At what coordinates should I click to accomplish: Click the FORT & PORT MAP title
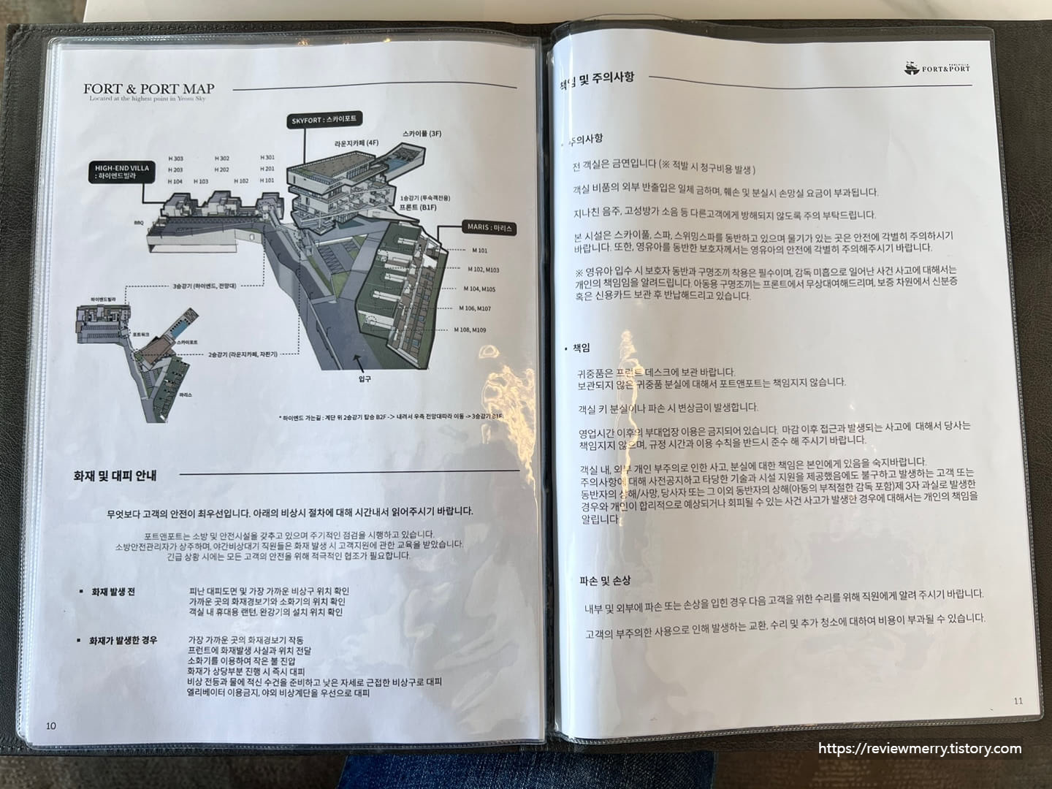coord(148,89)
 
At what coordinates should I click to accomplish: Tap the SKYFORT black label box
coord(324,119)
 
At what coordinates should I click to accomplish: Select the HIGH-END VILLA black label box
coord(121,172)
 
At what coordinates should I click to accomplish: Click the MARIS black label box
coord(489,228)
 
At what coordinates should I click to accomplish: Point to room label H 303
coord(175,159)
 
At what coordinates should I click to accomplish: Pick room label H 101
coord(267,180)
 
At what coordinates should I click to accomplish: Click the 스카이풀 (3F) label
coord(422,134)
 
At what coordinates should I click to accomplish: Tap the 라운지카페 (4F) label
coord(357,144)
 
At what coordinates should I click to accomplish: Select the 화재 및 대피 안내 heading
coord(115,476)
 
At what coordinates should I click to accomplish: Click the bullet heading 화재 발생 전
coord(113,592)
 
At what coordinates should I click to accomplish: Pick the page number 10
coord(50,725)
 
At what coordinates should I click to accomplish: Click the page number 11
coord(1018,701)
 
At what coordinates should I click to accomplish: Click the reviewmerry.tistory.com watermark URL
coord(920,749)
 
